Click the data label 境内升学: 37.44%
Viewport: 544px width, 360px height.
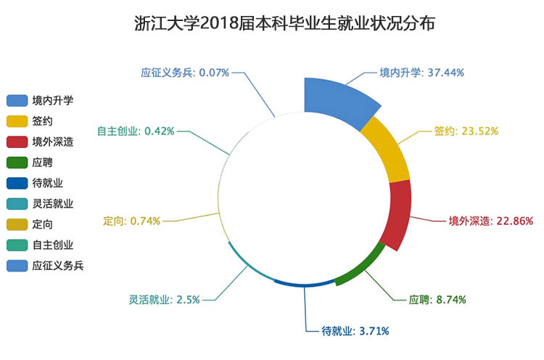[421, 73]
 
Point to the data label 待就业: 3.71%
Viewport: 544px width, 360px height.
[355, 331]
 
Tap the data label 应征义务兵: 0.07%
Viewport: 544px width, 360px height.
[185, 73]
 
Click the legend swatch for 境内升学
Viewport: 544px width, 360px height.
[17, 99]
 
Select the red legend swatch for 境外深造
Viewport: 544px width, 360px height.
[17, 142]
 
